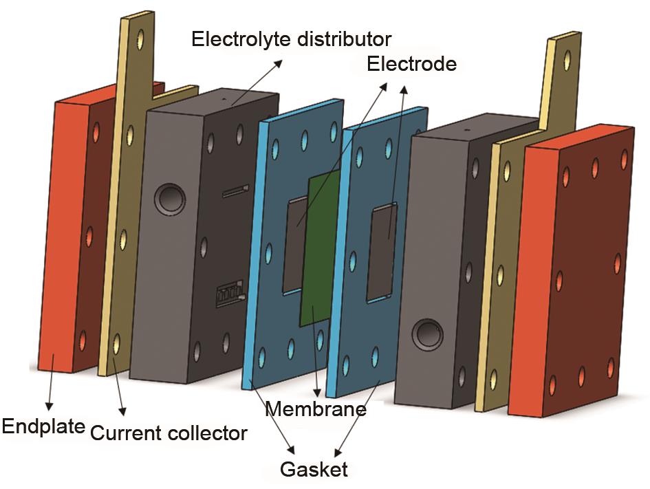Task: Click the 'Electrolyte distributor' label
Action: coord(291,38)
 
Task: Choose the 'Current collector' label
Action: coord(168,433)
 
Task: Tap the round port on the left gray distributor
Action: coord(169,199)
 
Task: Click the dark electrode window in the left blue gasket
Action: coord(296,244)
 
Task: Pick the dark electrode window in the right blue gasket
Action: coord(382,254)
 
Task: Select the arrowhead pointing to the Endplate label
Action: coord(49,402)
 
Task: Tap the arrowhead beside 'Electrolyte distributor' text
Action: coord(280,62)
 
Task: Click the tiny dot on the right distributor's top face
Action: coord(467,128)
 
